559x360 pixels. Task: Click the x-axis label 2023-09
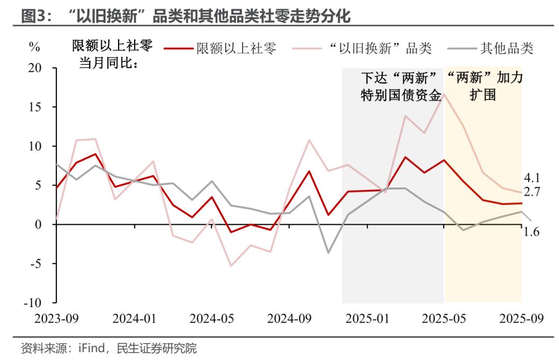point(57,319)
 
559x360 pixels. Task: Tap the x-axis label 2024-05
point(212,319)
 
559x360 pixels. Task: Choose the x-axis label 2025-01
point(367,319)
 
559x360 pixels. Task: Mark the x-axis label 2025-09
point(521,319)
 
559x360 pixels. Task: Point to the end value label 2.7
point(532,192)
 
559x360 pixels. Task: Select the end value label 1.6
point(532,232)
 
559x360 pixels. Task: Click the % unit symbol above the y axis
point(34,48)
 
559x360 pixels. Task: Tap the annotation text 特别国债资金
point(402,96)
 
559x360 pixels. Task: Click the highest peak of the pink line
point(444,94)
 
